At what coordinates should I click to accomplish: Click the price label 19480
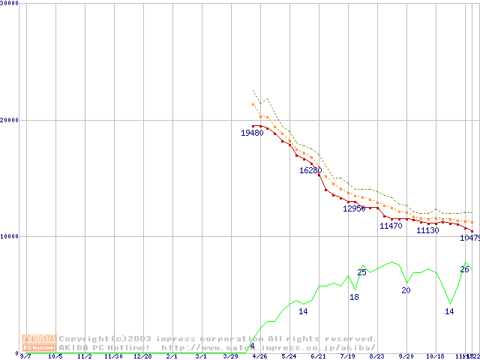(x=252, y=133)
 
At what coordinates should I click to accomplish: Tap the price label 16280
(x=310, y=170)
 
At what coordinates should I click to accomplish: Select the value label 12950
(x=354, y=208)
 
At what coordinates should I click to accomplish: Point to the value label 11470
(x=391, y=226)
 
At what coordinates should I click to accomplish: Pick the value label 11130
(x=427, y=230)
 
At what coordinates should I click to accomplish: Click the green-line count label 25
(x=361, y=272)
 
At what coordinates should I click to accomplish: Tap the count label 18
(x=354, y=298)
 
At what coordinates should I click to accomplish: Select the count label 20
(x=406, y=290)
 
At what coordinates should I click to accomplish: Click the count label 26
(x=464, y=270)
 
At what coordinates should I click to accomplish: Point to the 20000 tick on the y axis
(x=10, y=120)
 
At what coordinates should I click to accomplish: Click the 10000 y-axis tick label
(x=10, y=236)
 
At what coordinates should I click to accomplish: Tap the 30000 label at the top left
(x=10, y=4)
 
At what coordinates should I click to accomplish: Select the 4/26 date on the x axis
(x=259, y=356)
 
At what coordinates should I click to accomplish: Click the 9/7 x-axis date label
(x=26, y=356)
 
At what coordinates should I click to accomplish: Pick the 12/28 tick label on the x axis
(x=142, y=356)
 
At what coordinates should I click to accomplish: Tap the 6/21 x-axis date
(x=318, y=356)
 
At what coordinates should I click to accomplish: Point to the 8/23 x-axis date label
(x=376, y=356)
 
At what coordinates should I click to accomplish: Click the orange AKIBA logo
(x=39, y=343)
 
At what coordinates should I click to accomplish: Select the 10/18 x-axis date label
(x=435, y=356)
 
